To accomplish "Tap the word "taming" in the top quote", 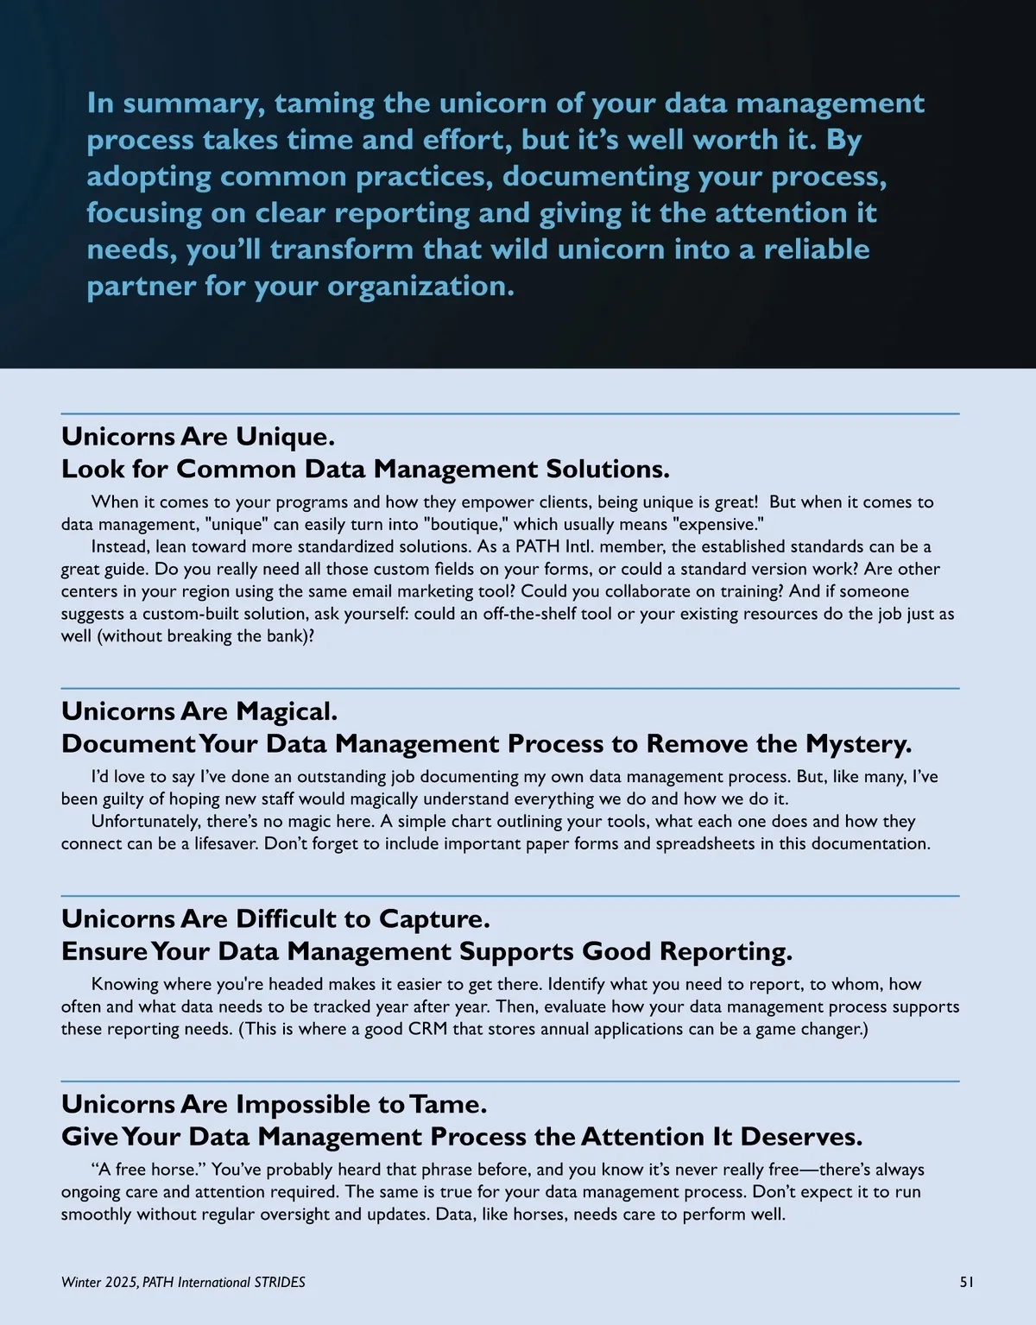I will (325, 104).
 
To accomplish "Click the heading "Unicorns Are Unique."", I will (198, 436).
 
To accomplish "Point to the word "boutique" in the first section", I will (453, 524).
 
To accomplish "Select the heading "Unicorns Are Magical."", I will (199, 711).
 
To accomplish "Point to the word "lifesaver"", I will (218, 843).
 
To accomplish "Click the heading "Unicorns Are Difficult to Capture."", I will (275, 918).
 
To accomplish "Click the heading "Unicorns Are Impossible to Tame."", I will (274, 1104).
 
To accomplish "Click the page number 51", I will (967, 1283).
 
